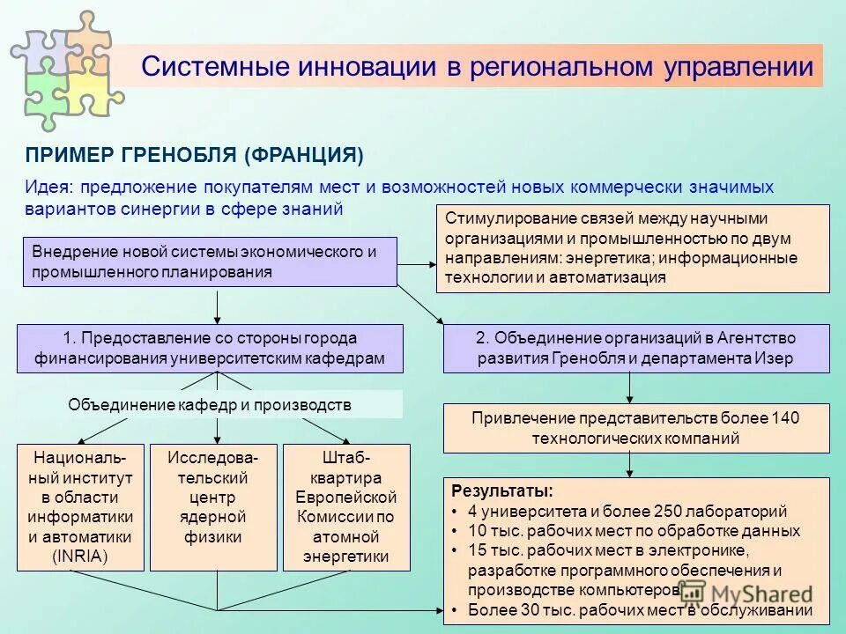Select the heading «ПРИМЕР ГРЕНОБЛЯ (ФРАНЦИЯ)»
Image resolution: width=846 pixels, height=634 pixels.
194,155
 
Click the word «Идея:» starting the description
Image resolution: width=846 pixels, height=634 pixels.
50,187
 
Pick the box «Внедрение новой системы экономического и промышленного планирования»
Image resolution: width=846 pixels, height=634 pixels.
208,262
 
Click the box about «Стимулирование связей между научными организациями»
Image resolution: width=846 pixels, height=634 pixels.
633,248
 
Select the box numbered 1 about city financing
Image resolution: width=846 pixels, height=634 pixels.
210,349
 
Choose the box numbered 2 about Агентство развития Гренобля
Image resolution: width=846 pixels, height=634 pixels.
635,349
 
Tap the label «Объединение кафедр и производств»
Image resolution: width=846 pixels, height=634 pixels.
210,405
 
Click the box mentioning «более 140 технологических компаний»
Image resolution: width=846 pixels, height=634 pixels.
635,428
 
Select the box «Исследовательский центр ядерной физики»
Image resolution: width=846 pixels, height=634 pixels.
214,507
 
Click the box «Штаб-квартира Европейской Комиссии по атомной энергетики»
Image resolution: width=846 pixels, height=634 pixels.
346,507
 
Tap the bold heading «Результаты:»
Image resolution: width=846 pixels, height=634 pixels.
502,490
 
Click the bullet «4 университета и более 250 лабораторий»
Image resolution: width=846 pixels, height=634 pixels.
627,511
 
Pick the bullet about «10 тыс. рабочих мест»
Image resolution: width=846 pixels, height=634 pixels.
633,531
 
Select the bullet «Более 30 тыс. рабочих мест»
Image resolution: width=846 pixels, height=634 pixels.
639,611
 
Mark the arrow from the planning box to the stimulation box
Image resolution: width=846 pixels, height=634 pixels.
416,262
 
